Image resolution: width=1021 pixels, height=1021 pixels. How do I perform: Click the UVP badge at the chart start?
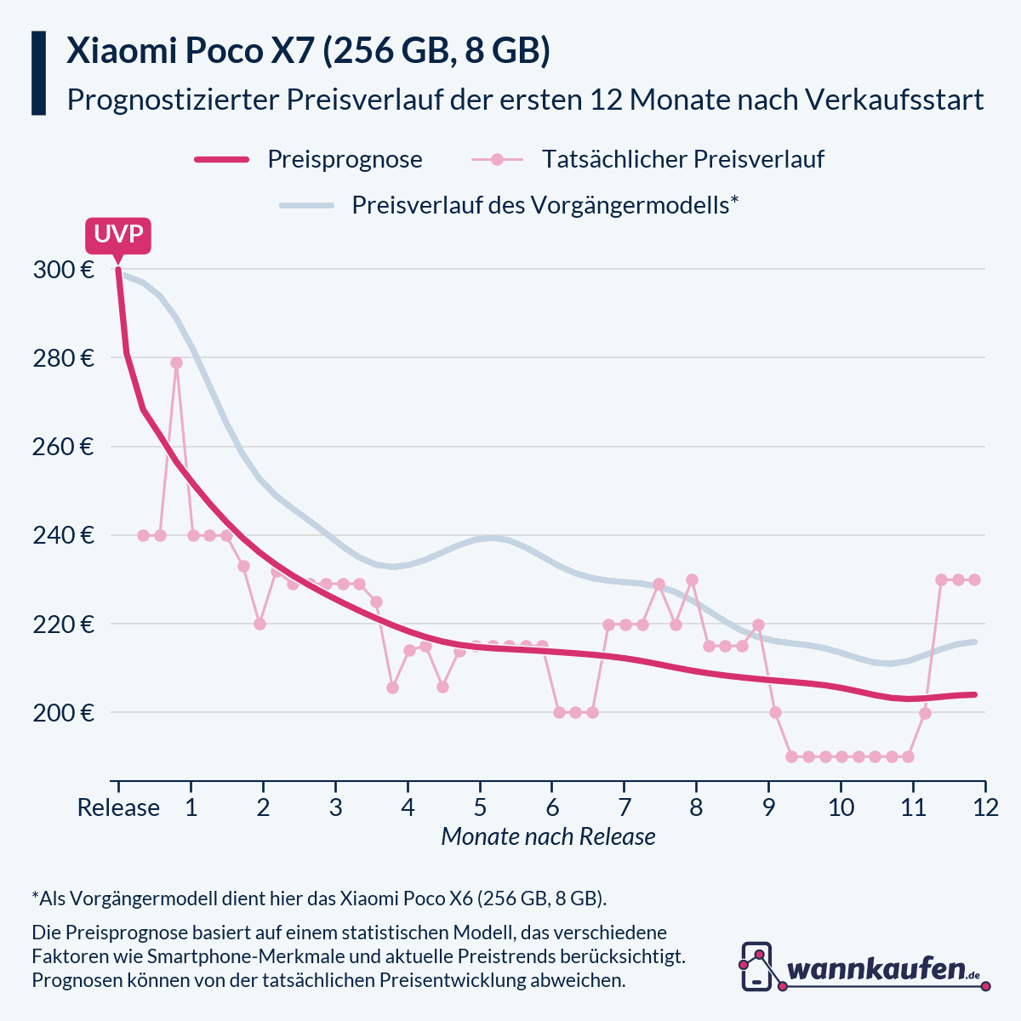tap(118, 235)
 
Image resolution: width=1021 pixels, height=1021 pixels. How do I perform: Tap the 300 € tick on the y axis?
tap(63, 271)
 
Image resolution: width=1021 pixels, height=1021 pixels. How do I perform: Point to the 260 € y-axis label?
tap(63, 448)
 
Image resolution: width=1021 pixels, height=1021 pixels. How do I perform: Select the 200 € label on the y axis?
tap(63, 713)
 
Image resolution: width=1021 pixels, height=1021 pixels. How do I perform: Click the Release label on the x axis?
tap(118, 807)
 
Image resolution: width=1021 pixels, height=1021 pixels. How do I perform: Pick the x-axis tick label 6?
tap(552, 807)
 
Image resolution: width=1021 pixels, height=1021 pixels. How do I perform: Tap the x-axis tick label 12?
tap(985, 807)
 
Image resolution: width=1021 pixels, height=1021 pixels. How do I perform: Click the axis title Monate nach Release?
tap(548, 837)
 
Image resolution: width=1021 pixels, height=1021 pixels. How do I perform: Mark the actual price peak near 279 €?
tap(176, 362)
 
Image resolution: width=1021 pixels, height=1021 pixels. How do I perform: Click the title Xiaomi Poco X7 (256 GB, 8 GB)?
tap(308, 52)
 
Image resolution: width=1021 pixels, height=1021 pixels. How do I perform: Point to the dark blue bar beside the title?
tap(38, 73)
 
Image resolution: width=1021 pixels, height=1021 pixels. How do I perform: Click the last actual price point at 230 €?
tap(974, 579)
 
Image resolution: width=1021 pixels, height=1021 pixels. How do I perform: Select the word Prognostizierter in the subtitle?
tap(173, 100)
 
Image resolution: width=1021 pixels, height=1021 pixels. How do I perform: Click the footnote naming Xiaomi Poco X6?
tap(319, 898)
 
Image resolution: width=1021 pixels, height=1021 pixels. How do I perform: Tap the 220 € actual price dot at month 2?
tap(260, 624)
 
